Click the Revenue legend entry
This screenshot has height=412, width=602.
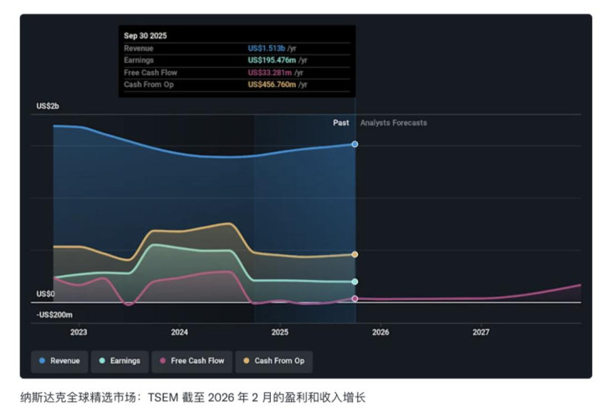tap(59, 361)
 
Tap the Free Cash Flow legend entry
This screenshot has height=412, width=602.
tap(191, 361)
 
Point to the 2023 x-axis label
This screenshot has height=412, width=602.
tap(79, 332)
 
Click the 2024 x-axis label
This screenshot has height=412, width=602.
tap(179, 332)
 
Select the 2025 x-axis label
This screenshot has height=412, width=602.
tap(279, 332)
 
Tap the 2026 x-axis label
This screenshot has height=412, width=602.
tap(380, 332)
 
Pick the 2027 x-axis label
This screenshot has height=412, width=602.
tap(481, 332)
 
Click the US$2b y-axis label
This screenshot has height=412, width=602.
tap(48, 106)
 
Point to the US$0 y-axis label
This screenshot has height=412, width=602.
tap(45, 294)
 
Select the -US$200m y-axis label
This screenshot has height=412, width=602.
tap(54, 315)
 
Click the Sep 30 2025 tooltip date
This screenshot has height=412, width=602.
tap(145, 36)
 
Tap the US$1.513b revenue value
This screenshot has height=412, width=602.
tap(267, 48)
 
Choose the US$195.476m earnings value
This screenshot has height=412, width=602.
tap(273, 60)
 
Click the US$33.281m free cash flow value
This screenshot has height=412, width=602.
tap(271, 73)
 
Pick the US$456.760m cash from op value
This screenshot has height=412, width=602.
tap(273, 84)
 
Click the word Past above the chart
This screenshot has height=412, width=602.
tap(340, 123)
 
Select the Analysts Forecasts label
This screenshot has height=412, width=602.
tap(393, 123)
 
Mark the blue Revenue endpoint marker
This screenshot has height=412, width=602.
tap(355, 144)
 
